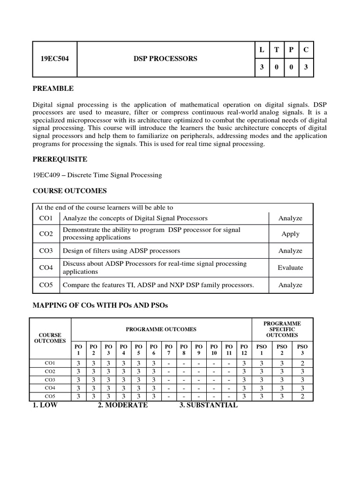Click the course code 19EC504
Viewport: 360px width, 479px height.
click(54, 59)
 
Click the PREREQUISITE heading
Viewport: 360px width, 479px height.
click(60, 160)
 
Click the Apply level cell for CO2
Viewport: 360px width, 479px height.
click(290, 234)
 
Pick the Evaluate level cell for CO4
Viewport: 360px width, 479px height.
click(290, 268)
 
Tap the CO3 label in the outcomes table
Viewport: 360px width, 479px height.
click(46, 251)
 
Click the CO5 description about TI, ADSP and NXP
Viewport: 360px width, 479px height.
click(158, 284)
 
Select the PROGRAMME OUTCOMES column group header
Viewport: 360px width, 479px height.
click(161, 329)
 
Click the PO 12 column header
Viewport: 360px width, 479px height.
click(243, 349)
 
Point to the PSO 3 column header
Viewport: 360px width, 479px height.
click(301, 349)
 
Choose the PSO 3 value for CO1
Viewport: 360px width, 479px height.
click(301, 363)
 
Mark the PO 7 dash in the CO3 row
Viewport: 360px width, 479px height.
click(168, 380)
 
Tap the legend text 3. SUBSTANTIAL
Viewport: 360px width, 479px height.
click(208, 406)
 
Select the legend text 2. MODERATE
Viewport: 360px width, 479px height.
click(122, 406)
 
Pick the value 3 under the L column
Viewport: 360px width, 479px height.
click(262, 67)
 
